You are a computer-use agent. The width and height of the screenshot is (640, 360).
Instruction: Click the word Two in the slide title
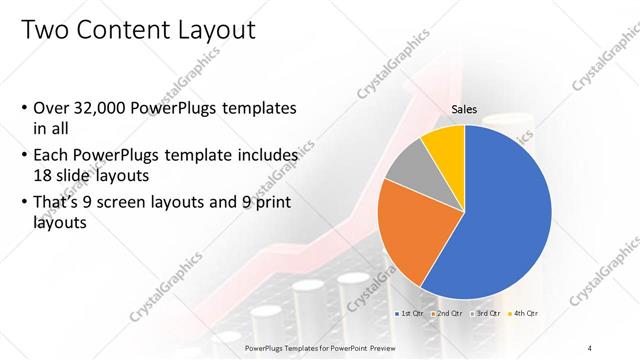coord(44,31)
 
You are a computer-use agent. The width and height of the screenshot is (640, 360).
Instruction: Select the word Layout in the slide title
coord(214,31)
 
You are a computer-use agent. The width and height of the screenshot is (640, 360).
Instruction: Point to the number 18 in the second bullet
coord(46,174)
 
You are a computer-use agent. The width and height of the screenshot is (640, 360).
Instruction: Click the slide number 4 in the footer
coord(590,347)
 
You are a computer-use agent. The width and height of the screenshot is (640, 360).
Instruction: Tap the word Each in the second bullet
coord(52,155)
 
